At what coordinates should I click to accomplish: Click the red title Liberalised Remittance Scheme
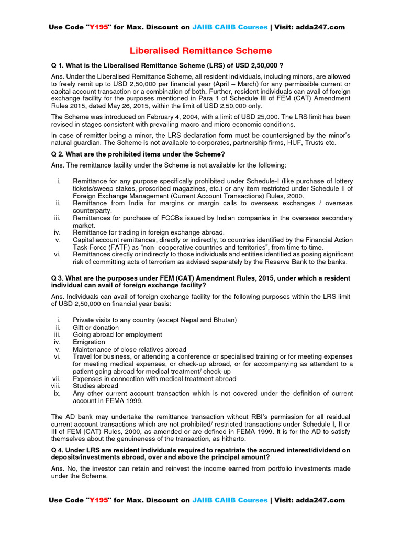tap(201, 51)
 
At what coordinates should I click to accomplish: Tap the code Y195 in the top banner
tap(96, 27)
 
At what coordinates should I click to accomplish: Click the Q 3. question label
tap(59, 278)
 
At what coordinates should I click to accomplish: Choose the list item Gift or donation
tap(96, 327)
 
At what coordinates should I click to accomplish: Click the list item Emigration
tap(89, 342)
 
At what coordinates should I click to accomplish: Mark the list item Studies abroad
tap(95, 386)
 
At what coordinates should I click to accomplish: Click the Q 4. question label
tap(59, 450)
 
